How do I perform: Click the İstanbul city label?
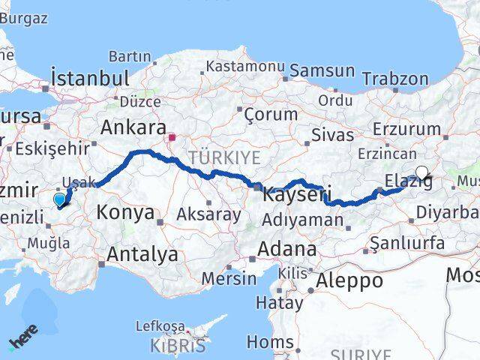(x=91, y=78)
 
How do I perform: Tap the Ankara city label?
(x=133, y=127)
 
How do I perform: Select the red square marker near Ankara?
(x=172, y=137)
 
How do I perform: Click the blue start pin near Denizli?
(x=59, y=199)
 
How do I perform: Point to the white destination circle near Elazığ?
(x=421, y=172)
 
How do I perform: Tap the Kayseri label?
(x=297, y=195)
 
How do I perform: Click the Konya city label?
(x=124, y=212)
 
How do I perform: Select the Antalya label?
(x=142, y=254)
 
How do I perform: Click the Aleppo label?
(x=349, y=281)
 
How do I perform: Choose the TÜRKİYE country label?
(x=224, y=157)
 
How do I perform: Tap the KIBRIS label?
(x=177, y=346)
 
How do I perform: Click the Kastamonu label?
(x=245, y=67)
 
